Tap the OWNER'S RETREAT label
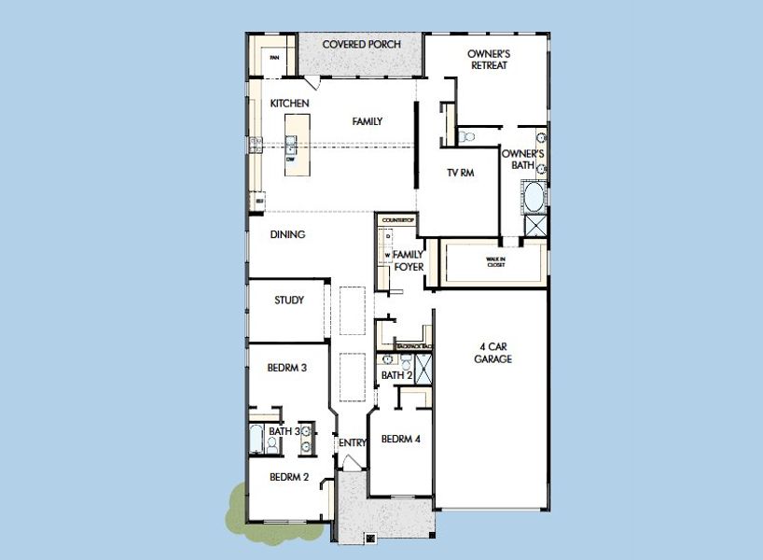pyautogui.click(x=489, y=60)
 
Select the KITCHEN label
pyautogui.click(x=290, y=103)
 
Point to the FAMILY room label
pyautogui.click(x=367, y=121)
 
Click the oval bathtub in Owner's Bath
pyautogui.click(x=534, y=197)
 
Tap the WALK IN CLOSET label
pyautogui.click(x=495, y=262)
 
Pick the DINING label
pyautogui.click(x=288, y=235)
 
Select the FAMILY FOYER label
pyautogui.click(x=409, y=260)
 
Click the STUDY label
pyautogui.click(x=288, y=301)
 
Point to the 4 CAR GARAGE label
pyautogui.click(x=492, y=353)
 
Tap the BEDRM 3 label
pyautogui.click(x=287, y=368)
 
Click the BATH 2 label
pyautogui.click(x=396, y=375)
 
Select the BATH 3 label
pyautogui.click(x=284, y=431)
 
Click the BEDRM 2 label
pyautogui.click(x=289, y=477)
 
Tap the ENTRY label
pyautogui.click(x=352, y=442)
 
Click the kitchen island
pyautogui.click(x=296, y=144)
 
